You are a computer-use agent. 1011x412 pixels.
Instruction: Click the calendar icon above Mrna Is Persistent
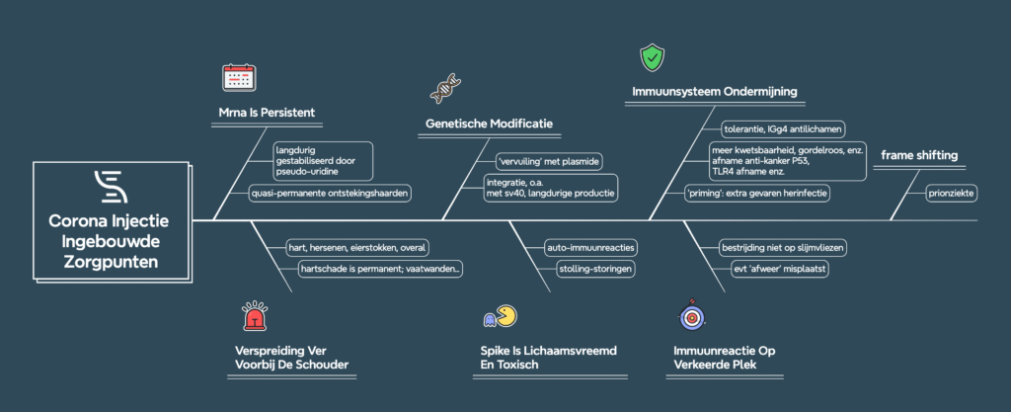coord(238,78)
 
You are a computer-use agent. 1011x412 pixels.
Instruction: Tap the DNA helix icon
coord(443,90)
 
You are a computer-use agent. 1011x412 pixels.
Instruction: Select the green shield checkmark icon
coord(651,57)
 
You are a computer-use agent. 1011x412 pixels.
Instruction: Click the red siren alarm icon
coord(255,318)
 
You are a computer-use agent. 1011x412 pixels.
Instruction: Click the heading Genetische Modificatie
coord(489,124)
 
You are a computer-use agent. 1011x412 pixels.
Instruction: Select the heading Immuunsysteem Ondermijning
coord(714,93)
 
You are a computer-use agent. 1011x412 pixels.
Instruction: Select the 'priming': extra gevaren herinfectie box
coord(756,193)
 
